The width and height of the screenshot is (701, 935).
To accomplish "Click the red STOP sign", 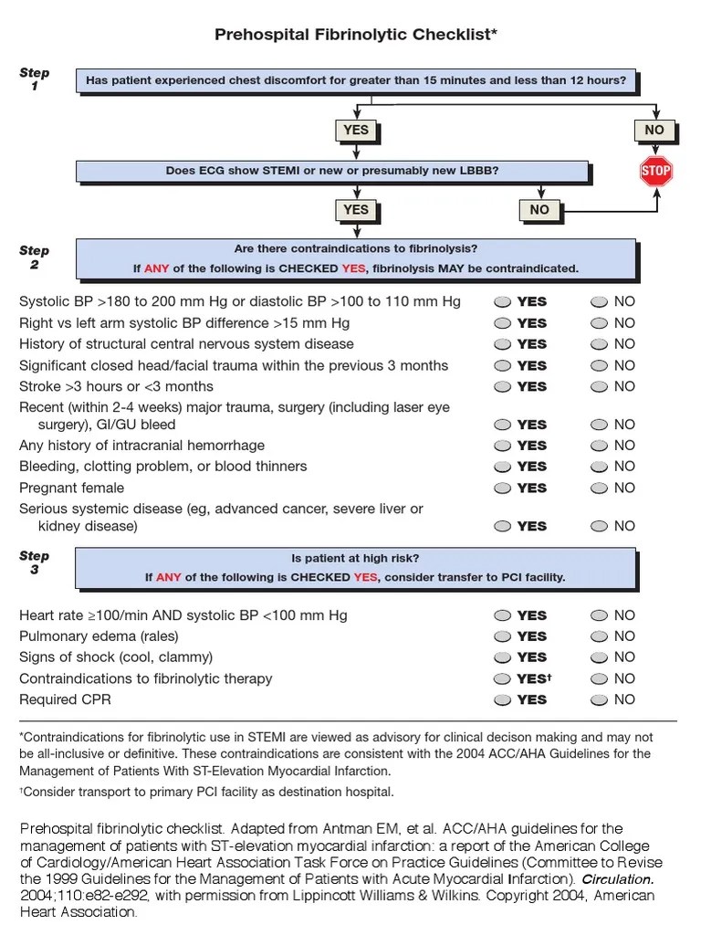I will point(655,171).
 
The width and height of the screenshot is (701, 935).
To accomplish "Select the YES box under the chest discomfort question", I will point(355,131).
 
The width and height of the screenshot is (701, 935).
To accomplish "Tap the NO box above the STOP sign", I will point(654,131).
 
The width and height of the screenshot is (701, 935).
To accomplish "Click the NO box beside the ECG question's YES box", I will point(539,210).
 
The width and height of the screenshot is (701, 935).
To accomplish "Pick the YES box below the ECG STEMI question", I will point(355,210).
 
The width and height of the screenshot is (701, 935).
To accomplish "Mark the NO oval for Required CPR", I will point(599,700).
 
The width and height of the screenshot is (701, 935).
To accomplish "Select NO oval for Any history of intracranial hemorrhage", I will point(599,446).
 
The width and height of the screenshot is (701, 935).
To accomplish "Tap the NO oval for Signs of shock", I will point(599,657).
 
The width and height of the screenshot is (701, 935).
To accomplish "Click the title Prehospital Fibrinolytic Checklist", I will point(356,35).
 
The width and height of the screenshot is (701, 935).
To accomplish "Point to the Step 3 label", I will point(35,562).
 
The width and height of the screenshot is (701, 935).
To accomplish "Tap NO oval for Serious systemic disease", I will point(599,527).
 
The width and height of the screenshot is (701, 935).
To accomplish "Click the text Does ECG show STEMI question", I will point(332,171).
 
